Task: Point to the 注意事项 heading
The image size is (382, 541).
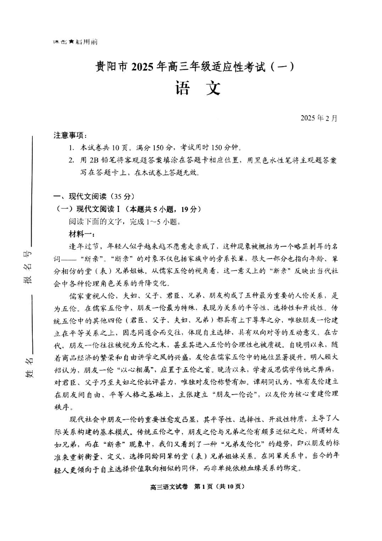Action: click(70, 136)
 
